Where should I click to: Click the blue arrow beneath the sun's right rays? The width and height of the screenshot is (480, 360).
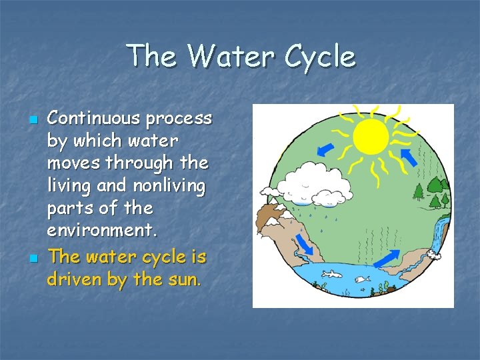click(x=409, y=157)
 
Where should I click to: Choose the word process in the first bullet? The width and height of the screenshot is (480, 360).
click(x=179, y=119)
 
